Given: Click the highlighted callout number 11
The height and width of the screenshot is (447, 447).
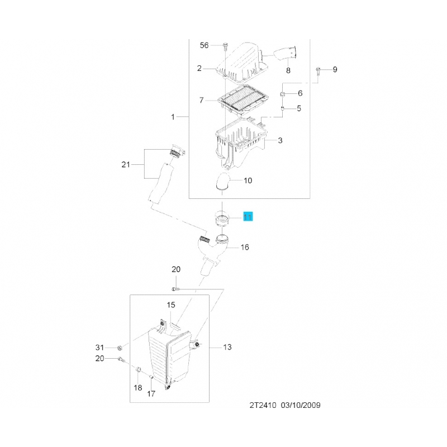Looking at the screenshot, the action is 248,217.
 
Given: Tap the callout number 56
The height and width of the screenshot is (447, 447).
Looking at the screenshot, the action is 204,45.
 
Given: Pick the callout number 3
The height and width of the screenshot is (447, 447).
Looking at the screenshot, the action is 280,140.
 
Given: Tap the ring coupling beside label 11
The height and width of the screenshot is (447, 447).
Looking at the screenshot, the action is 222,218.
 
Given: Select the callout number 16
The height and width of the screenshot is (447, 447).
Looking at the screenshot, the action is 245,247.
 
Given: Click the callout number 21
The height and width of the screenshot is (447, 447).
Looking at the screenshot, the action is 126,164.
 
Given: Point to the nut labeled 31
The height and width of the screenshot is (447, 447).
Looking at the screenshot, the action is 120,348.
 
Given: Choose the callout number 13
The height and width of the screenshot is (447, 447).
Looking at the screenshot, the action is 227,347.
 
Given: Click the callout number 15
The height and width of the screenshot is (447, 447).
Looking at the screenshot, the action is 171,305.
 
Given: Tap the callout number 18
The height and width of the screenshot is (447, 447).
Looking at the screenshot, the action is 138,388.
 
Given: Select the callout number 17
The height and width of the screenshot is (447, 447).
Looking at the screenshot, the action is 151,394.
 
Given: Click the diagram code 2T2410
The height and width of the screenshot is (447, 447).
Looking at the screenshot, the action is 263,405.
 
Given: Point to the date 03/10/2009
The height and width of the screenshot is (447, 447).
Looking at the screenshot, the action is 301,405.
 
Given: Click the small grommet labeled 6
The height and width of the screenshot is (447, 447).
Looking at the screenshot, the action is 282,94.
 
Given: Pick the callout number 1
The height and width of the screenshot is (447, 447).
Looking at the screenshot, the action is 173,117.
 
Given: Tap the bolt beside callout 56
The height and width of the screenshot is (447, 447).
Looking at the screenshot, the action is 226,46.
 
